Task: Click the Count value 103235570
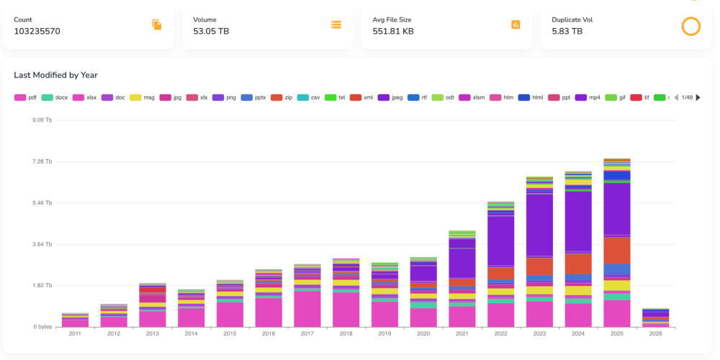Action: pyautogui.click(x=37, y=31)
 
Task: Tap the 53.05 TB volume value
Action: pyautogui.click(x=211, y=31)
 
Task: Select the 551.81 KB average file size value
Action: pyautogui.click(x=393, y=31)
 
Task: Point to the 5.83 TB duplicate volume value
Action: pyautogui.click(x=567, y=31)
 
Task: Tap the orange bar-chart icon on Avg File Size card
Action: pyautogui.click(x=516, y=24)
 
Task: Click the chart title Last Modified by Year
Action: pyautogui.click(x=55, y=75)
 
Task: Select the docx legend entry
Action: pyautogui.click(x=55, y=97)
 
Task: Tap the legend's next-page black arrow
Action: pyautogui.click(x=698, y=97)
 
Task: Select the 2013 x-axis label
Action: pyautogui.click(x=153, y=334)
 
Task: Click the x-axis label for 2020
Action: pyautogui.click(x=423, y=334)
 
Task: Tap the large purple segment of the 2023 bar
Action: pyautogui.click(x=539, y=225)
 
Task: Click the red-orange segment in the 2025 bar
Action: pyautogui.click(x=617, y=251)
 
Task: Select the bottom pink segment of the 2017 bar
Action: pyautogui.click(x=307, y=309)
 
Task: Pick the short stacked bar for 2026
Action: pyautogui.click(x=656, y=318)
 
